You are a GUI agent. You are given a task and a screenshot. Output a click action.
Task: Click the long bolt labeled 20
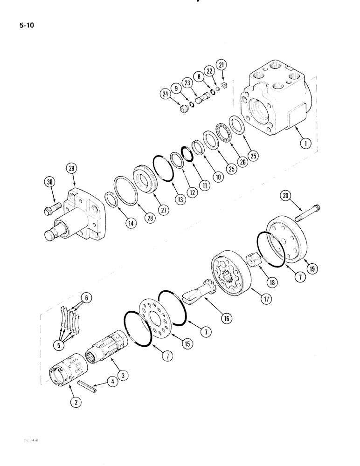[x=308, y=215]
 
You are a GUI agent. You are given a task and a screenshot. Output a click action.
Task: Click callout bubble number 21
[x=221, y=64]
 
